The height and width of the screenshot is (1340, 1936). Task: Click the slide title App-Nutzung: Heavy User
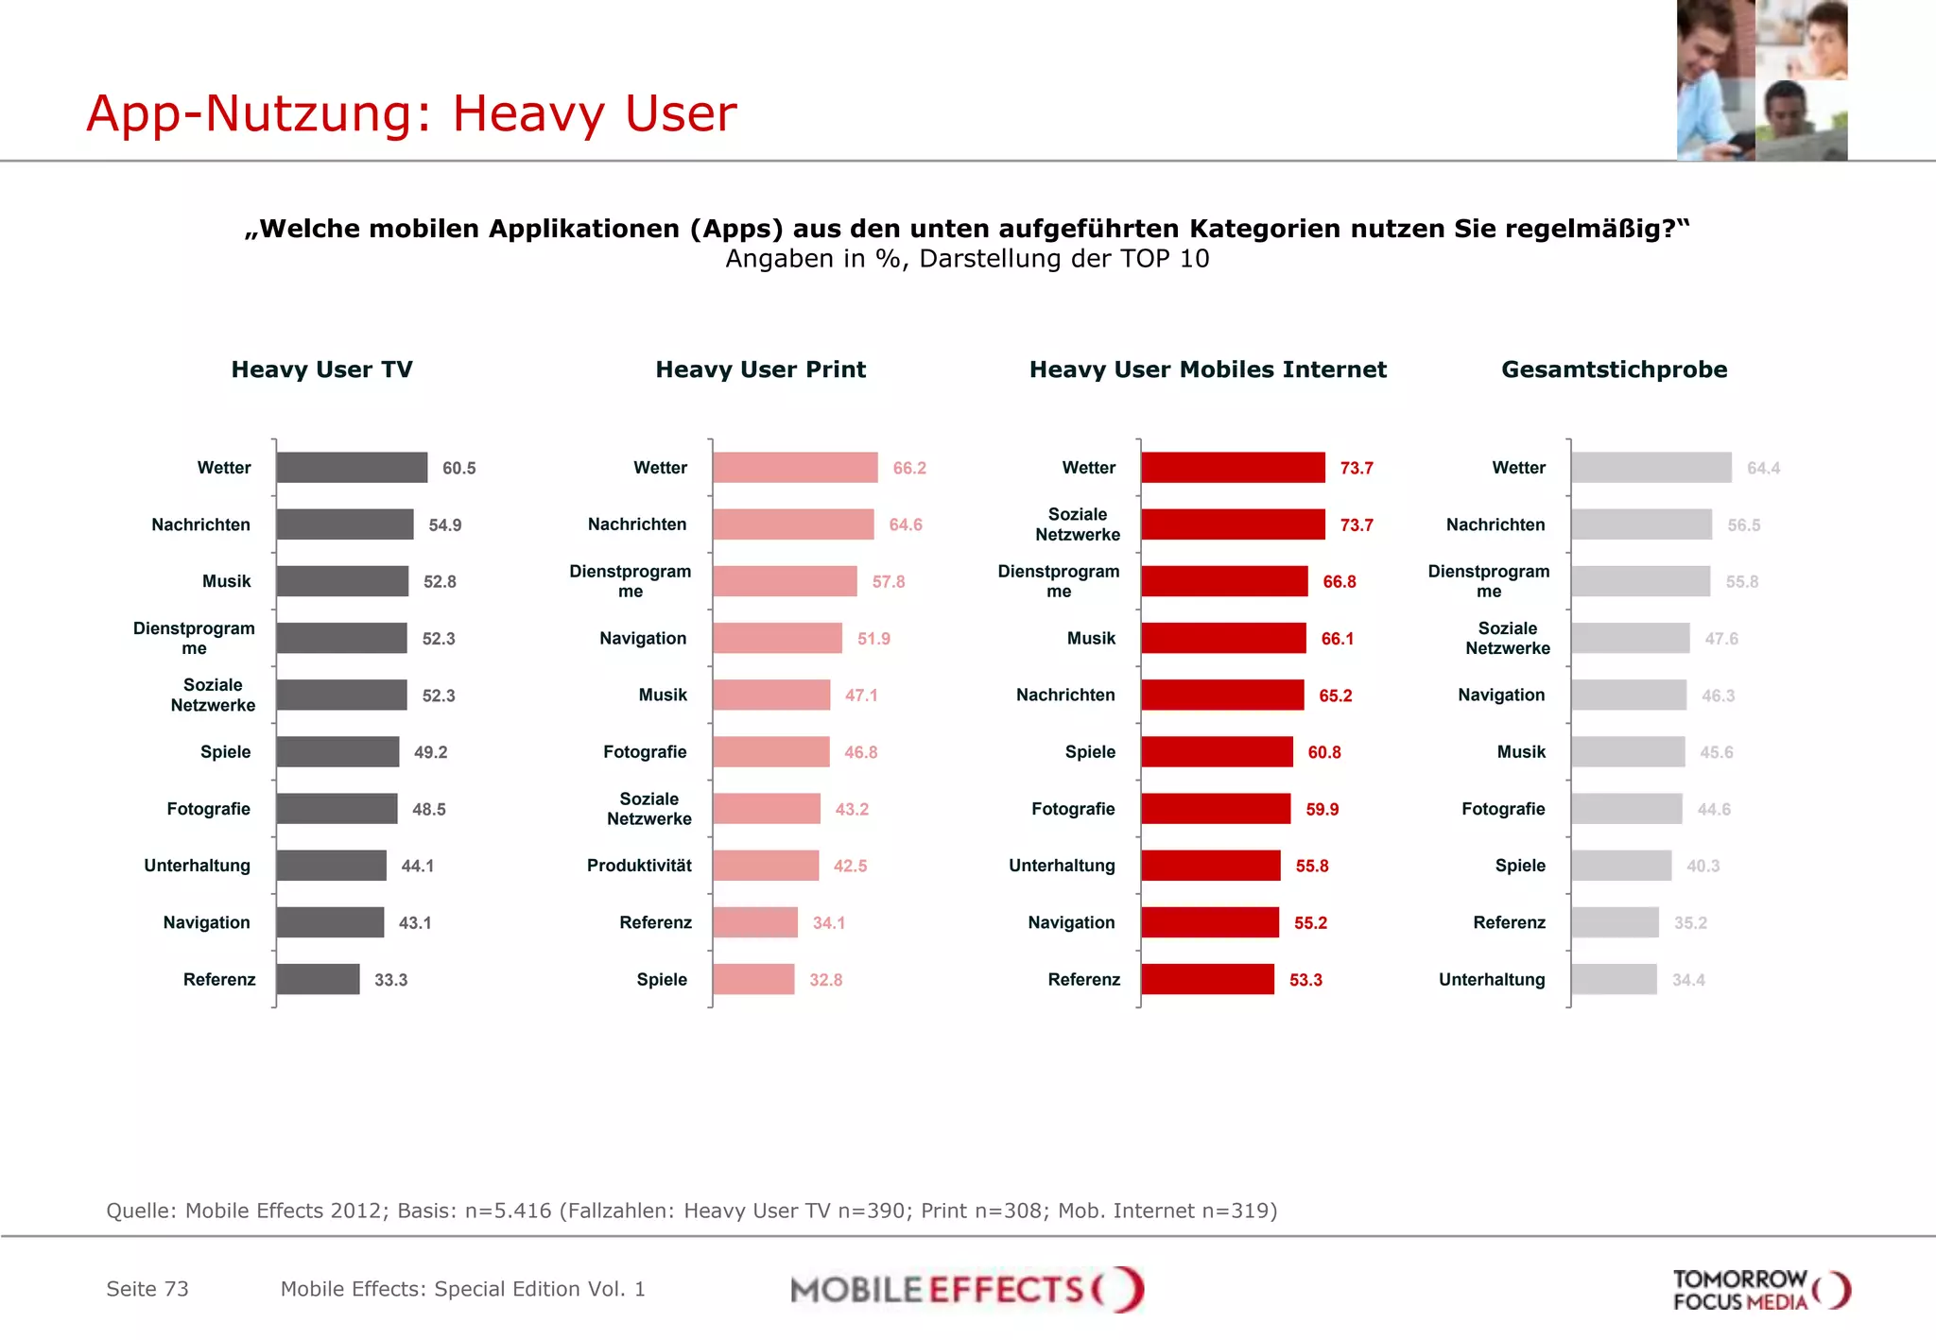pyautogui.click(x=411, y=113)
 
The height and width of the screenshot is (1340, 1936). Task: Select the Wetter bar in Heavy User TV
pyautogui.click(x=352, y=468)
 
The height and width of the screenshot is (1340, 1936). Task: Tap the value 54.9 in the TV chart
pyautogui.click(x=445, y=525)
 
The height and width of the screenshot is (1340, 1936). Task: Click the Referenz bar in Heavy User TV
pyautogui.click(x=318, y=979)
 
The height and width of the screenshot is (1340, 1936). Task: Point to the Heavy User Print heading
pyautogui.click(x=760, y=369)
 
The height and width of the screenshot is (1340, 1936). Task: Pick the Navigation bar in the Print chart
pyautogui.click(x=777, y=638)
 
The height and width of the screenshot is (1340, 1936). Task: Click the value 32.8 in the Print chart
pyautogui.click(x=825, y=980)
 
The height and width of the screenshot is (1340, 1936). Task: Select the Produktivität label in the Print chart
pyautogui.click(x=639, y=866)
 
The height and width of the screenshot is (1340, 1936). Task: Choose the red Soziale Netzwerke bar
pyautogui.click(x=1233, y=524)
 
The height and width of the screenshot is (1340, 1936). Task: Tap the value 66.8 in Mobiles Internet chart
pyautogui.click(x=1340, y=582)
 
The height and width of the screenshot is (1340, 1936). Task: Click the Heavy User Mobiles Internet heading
pyautogui.click(x=1207, y=369)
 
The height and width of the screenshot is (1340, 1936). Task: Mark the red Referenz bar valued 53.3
pyautogui.click(x=1207, y=979)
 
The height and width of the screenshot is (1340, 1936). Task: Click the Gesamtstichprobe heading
pyautogui.click(x=1614, y=369)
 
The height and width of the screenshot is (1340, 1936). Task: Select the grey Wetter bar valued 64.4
pyautogui.click(x=1651, y=468)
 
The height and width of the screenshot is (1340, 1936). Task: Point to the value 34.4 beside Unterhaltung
pyautogui.click(x=1688, y=980)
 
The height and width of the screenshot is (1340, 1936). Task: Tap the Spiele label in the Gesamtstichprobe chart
pyautogui.click(x=1520, y=866)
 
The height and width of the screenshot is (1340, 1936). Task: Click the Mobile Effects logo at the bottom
pyautogui.click(x=967, y=1289)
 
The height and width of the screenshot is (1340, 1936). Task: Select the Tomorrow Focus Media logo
pyautogui.click(x=1760, y=1290)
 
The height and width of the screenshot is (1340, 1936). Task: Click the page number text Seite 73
pyautogui.click(x=147, y=1289)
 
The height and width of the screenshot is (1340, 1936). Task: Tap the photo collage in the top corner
pyautogui.click(x=1761, y=80)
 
